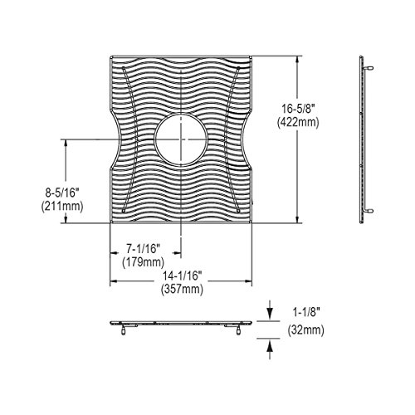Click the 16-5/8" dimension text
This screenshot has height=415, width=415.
click(x=299, y=109)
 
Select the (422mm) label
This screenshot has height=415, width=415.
click(x=298, y=122)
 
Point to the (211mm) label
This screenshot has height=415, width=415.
click(x=62, y=206)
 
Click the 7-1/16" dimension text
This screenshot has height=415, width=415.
click(x=144, y=249)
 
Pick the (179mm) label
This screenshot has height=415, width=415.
click(x=144, y=262)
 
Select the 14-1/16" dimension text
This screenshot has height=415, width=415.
click(x=182, y=276)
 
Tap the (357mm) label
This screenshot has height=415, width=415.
click(x=182, y=289)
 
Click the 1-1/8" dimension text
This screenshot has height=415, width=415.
click(x=306, y=313)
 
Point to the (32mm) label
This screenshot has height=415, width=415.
click(x=306, y=330)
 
